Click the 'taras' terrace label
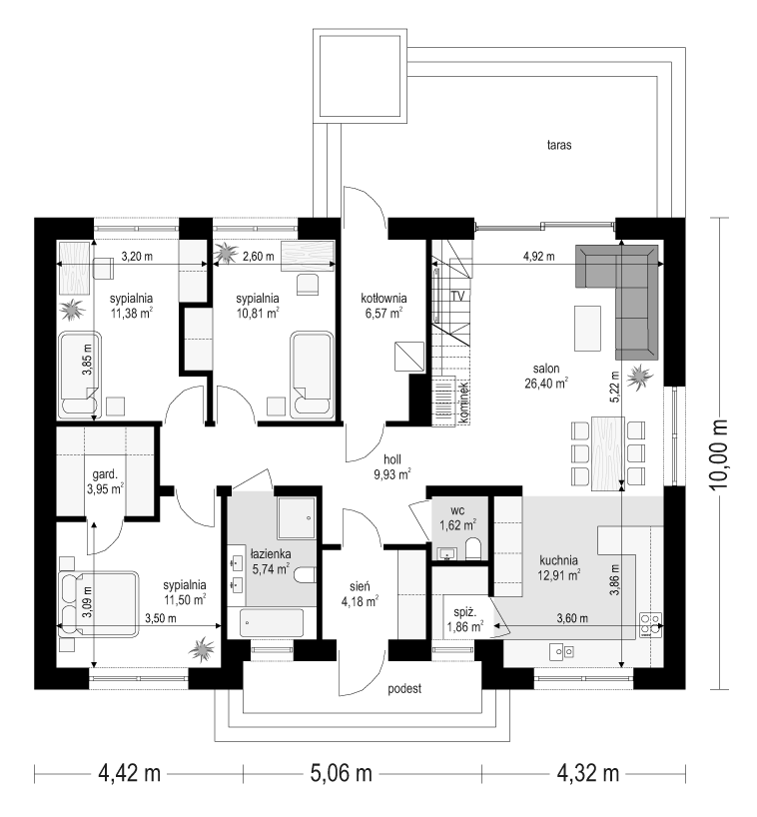[559, 145]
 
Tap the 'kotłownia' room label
[383, 299]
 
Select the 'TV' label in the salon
[458, 297]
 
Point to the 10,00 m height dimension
[719, 453]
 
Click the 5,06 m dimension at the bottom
[342, 773]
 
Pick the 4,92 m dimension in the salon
[538, 257]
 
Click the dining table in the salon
[607, 453]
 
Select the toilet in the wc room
[473, 549]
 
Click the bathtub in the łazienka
[272, 623]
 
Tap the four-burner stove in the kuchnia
[651, 624]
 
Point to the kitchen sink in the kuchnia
[561, 651]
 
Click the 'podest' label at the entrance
[404, 689]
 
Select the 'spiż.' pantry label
[464, 613]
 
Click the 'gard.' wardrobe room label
[105, 474]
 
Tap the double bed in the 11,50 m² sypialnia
[100, 604]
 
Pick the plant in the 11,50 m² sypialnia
[201, 650]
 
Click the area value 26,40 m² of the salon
[546, 384]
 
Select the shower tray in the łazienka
[297, 518]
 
